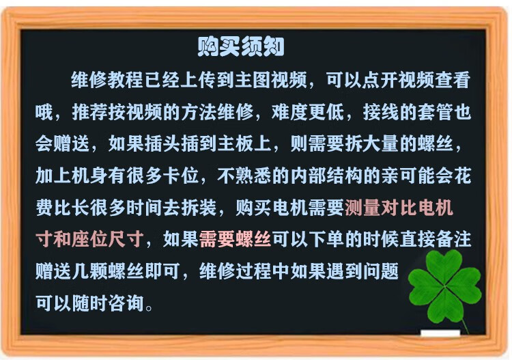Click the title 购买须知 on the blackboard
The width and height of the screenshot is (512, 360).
pyautogui.click(x=241, y=46)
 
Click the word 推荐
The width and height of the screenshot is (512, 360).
pyautogui.click(x=89, y=112)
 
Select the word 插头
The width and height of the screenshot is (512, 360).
pyautogui.click(x=162, y=143)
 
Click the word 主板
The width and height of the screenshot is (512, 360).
pyautogui.click(x=236, y=143)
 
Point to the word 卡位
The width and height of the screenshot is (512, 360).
pyautogui.click(x=181, y=176)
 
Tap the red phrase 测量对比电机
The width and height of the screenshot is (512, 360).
pyautogui.click(x=399, y=208)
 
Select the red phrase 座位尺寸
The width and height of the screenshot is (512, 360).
pyautogui.click(x=108, y=240)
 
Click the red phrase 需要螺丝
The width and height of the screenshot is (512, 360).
pyautogui.click(x=235, y=240)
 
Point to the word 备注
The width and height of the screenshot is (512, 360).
pyautogui.click(x=453, y=240)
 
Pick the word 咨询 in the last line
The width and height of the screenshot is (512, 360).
pyautogui.click(x=126, y=303)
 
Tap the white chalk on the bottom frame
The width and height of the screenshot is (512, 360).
pyautogui.click(x=440, y=333)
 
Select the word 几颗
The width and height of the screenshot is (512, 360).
pyautogui.click(x=89, y=271)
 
